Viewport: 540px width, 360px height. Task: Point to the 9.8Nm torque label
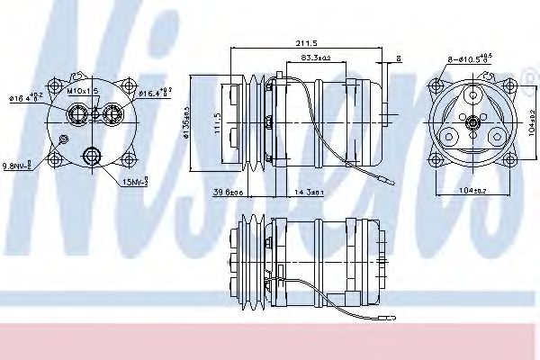point(19,166)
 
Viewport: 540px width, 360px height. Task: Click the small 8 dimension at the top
point(398,59)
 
